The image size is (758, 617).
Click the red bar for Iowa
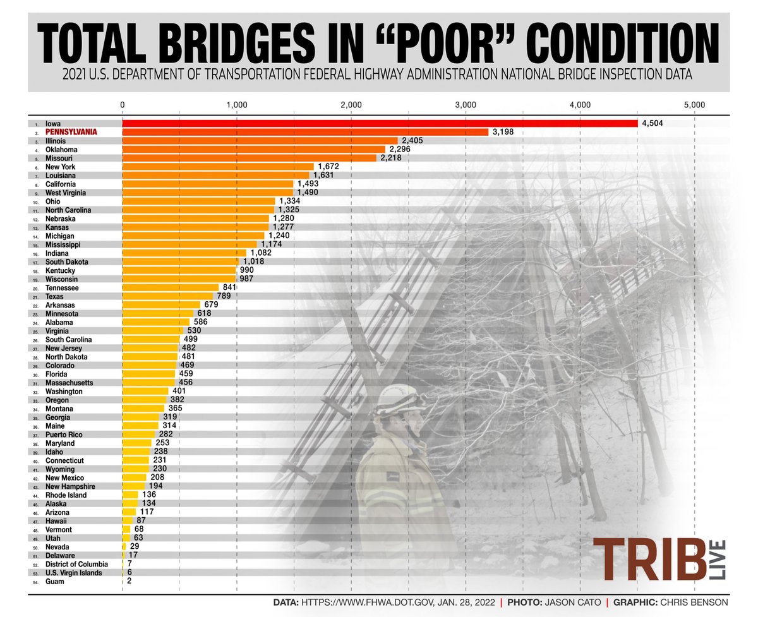click(x=379, y=123)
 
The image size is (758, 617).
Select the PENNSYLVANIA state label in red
click(x=71, y=132)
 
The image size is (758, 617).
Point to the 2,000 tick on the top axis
click(x=351, y=104)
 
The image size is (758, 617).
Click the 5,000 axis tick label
click(x=694, y=104)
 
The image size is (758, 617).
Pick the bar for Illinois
click(x=259, y=141)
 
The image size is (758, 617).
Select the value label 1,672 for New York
click(x=328, y=167)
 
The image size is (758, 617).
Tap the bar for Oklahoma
click(x=253, y=150)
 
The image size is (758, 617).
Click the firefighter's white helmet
click(x=399, y=399)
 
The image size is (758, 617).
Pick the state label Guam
click(x=54, y=582)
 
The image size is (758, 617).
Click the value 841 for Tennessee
click(x=230, y=287)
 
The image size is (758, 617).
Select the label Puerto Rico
click(x=63, y=434)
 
